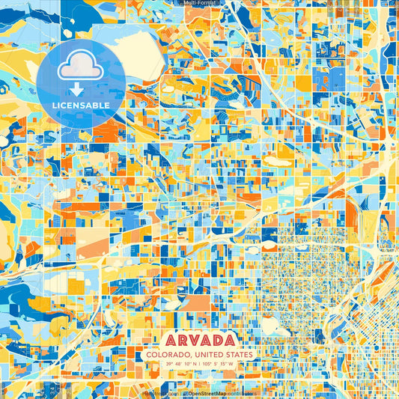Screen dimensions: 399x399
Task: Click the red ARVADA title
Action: pos(199,339)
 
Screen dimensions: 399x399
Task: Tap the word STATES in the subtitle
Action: pos(237,354)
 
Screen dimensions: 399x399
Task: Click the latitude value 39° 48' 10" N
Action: pos(177,364)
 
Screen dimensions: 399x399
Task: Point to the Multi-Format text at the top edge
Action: pos(199,3)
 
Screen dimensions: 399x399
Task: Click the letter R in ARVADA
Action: pos(176,339)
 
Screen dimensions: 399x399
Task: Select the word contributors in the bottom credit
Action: pos(240,392)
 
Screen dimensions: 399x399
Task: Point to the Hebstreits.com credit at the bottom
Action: pos(158,392)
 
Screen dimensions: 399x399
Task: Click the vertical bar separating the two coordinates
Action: pos(200,364)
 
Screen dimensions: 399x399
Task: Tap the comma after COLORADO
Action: pos(189,356)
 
